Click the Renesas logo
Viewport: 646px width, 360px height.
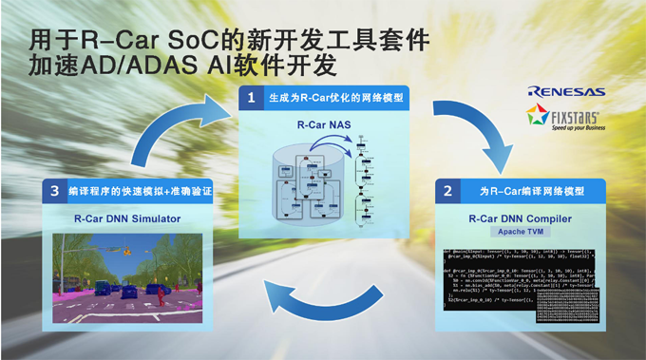(x=566, y=92)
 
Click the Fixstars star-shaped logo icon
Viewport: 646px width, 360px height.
(x=539, y=117)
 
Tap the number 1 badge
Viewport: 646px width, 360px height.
(x=251, y=97)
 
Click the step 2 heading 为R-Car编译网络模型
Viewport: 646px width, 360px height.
(x=526, y=191)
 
